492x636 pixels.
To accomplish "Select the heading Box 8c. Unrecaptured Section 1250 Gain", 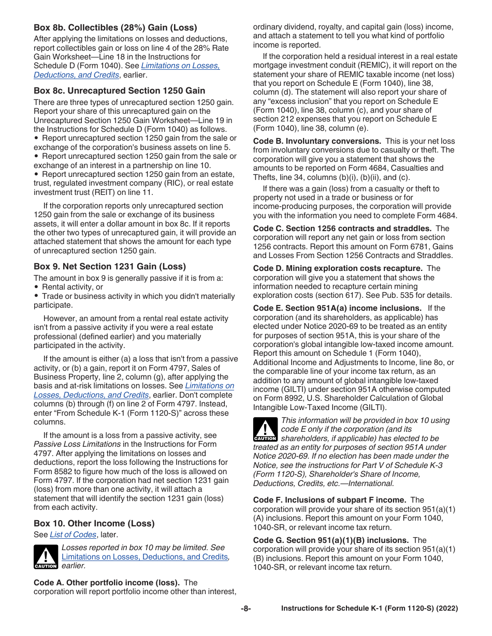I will (119, 90).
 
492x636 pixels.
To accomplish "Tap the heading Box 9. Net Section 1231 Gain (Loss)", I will (109, 266).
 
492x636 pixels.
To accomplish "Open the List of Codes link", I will (73, 535).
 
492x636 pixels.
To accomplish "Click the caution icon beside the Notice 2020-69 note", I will (265, 430).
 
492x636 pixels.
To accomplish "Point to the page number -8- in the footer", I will (245, 609).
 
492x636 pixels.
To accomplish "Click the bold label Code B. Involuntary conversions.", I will (317, 141).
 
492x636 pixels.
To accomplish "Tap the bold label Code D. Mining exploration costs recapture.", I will (338, 268).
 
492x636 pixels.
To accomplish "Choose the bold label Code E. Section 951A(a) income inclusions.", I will (337, 308).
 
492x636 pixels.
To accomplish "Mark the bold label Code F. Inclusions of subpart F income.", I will (329, 500).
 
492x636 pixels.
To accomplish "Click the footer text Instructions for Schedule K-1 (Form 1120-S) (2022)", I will (369, 609).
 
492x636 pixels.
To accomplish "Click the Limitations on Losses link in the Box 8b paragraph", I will (180, 66).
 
